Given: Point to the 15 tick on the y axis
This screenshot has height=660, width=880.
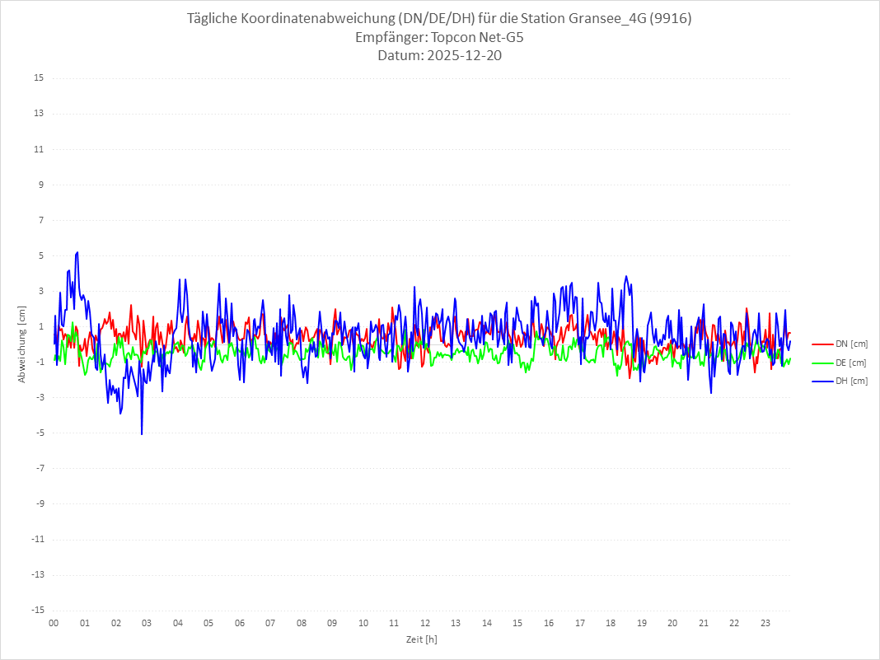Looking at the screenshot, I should click(39, 78).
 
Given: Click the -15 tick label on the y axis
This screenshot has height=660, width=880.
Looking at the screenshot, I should click(37, 610).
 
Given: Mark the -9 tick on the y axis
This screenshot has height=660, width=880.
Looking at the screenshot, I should click(39, 503).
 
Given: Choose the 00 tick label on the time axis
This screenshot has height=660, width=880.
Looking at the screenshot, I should click(54, 623).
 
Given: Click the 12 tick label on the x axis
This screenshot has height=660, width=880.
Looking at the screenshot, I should click(425, 623).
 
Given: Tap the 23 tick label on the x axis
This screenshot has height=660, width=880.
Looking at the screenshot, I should click(765, 623).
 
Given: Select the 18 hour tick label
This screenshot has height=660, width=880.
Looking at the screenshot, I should click(611, 623).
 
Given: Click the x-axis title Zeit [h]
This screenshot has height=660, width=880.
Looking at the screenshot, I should click(421, 639).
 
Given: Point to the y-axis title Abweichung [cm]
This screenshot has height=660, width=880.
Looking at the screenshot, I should click(22, 344).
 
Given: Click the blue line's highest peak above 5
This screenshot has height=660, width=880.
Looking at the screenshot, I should click(77, 252).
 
